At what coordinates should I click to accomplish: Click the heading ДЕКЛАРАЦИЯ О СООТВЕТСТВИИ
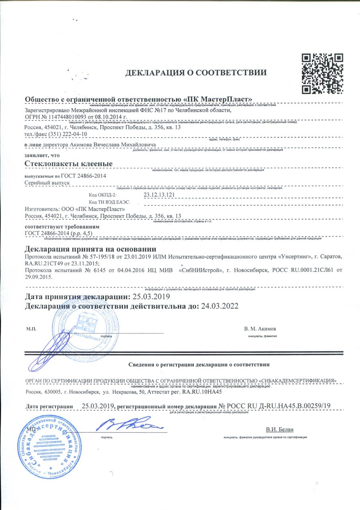pos(196,73)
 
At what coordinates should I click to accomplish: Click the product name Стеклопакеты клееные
pos(68,164)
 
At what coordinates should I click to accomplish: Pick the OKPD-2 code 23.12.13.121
pos(159,195)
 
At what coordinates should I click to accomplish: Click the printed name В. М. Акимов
pos(260,330)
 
